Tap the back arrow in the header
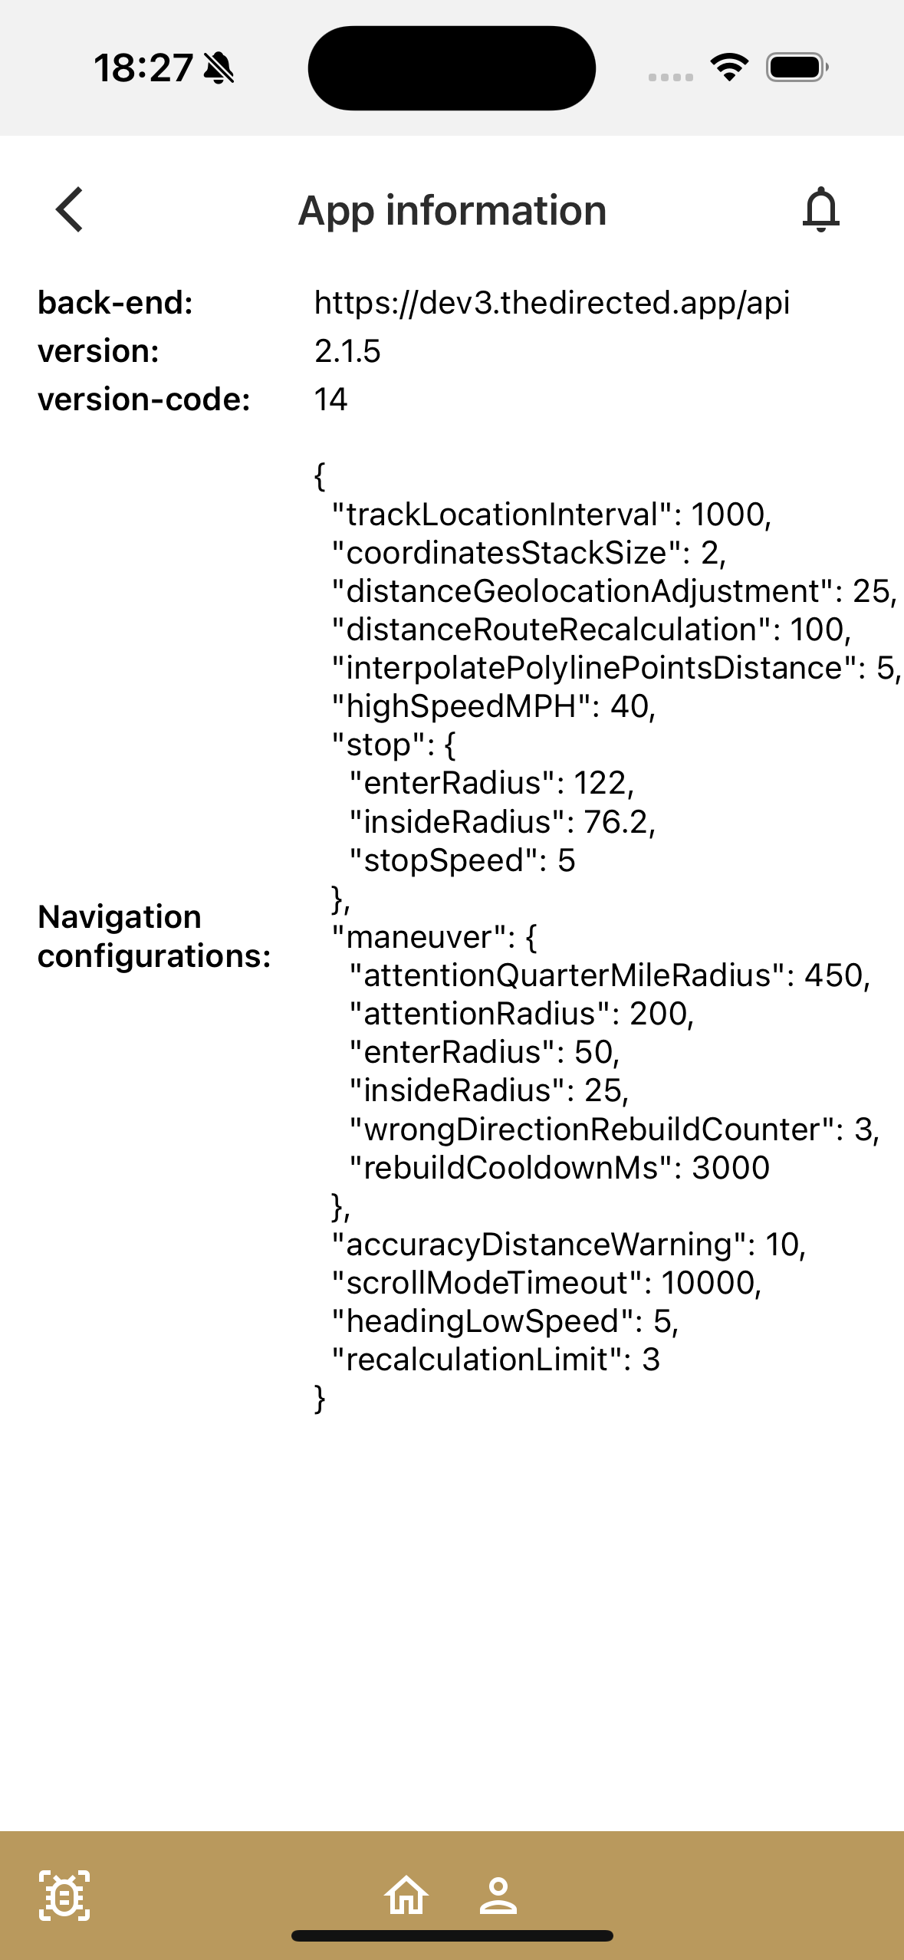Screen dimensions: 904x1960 (x=69, y=209)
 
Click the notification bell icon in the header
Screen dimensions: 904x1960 (x=820, y=209)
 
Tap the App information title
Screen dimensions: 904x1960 (x=452, y=210)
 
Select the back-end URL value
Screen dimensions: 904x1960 (x=552, y=303)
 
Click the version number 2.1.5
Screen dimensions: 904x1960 (x=347, y=351)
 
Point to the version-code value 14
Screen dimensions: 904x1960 (x=331, y=400)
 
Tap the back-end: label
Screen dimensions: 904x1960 (x=115, y=303)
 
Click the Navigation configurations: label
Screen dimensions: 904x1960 (x=154, y=936)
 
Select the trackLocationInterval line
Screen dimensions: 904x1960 (x=551, y=515)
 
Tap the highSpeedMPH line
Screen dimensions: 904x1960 (x=494, y=706)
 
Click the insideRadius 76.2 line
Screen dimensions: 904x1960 (x=502, y=822)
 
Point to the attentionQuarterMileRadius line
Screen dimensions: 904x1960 (x=610, y=975)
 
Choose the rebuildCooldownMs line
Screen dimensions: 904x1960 (x=559, y=1168)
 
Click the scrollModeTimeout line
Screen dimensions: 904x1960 (x=546, y=1283)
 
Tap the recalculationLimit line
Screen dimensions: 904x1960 (x=495, y=1360)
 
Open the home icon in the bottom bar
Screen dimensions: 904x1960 (x=406, y=1895)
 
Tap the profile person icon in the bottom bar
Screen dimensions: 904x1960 (x=498, y=1896)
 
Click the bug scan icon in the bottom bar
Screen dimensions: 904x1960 (x=64, y=1896)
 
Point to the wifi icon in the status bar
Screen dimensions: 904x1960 (x=729, y=67)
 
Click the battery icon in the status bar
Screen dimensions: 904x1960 (x=797, y=67)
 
